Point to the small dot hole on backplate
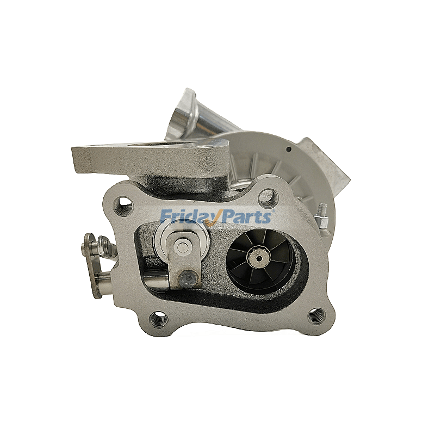[x=289, y=148]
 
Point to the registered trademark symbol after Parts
[x=274, y=211]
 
